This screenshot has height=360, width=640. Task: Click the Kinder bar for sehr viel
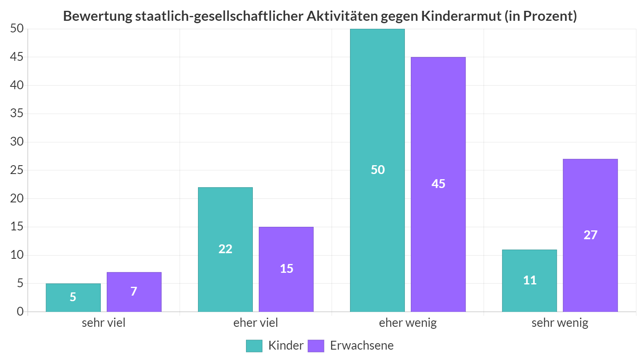click(x=73, y=298)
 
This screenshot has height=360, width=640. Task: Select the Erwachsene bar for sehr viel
click(x=134, y=292)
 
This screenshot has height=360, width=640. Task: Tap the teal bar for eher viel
click(x=225, y=250)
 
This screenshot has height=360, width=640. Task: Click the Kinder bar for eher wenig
click(x=377, y=170)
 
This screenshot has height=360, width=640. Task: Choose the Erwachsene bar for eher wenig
click(x=438, y=184)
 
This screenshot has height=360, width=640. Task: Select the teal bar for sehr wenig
click(x=529, y=280)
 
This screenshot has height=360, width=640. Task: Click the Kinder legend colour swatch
click(x=254, y=346)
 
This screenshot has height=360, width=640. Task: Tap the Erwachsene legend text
click(x=362, y=346)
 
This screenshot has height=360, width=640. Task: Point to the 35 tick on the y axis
click(x=17, y=114)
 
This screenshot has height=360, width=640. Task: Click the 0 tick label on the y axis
click(x=20, y=312)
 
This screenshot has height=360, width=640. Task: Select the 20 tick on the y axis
click(x=17, y=198)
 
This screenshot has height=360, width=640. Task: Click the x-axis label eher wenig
click(x=408, y=323)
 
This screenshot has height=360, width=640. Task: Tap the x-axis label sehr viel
click(x=104, y=323)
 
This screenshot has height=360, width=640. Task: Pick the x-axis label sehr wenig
click(x=560, y=323)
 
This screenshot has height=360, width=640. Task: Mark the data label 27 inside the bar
click(x=590, y=235)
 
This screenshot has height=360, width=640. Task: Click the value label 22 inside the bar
click(x=225, y=249)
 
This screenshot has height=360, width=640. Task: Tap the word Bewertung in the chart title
click(x=98, y=16)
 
